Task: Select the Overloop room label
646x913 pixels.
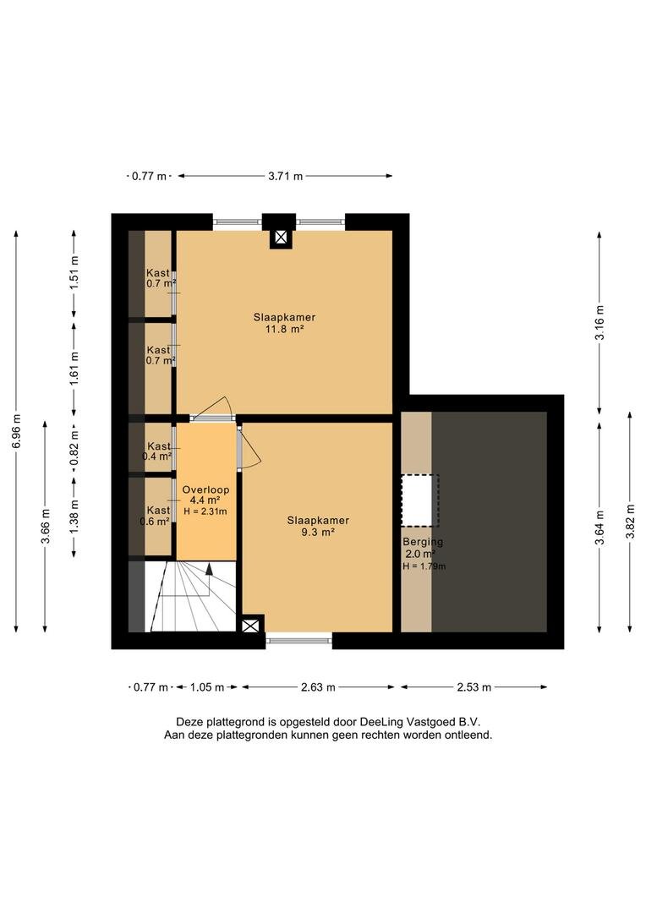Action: pyautogui.click(x=205, y=489)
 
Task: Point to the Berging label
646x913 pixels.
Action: pyautogui.click(x=423, y=542)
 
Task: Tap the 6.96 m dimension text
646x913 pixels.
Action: pyautogui.click(x=17, y=431)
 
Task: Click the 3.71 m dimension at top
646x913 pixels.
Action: pyautogui.click(x=286, y=176)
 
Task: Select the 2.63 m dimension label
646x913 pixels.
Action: pyautogui.click(x=318, y=687)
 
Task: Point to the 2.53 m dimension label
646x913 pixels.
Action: pyautogui.click(x=474, y=687)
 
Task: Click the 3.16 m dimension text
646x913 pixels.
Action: pyautogui.click(x=600, y=323)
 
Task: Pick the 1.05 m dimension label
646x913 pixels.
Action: pyautogui.click(x=207, y=687)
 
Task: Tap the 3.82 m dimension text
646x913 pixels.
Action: pyautogui.click(x=630, y=522)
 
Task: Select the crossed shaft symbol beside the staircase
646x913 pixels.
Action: pyautogui.click(x=249, y=626)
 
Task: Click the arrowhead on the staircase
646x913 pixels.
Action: pyautogui.click(x=209, y=569)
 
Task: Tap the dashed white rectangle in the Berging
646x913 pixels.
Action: pyautogui.click(x=419, y=500)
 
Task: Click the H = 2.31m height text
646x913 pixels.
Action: pyautogui.click(x=205, y=511)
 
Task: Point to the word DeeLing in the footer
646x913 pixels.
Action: pyautogui.click(x=379, y=722)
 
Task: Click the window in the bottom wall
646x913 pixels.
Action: pyautogui.click(x=299, y=641)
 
